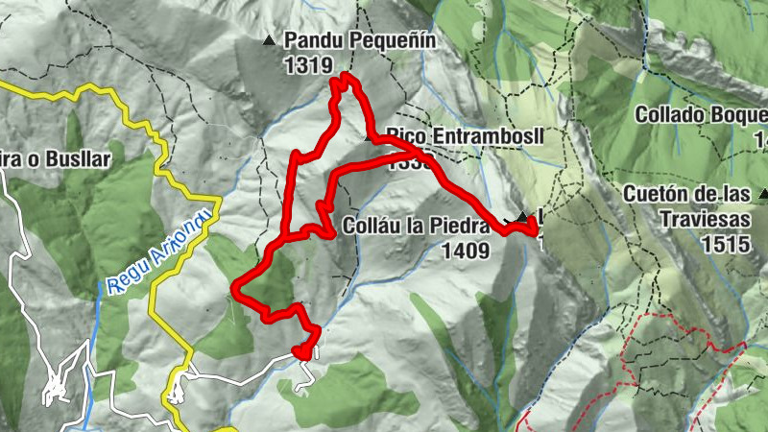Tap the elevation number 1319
point(308,65)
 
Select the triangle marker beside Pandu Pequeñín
point(269,41)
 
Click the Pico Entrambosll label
point(466,136)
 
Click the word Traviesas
point(705,219)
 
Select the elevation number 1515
point(725,243)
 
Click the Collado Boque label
point(701,114)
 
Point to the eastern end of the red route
point(534,228)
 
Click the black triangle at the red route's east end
point(521,217)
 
